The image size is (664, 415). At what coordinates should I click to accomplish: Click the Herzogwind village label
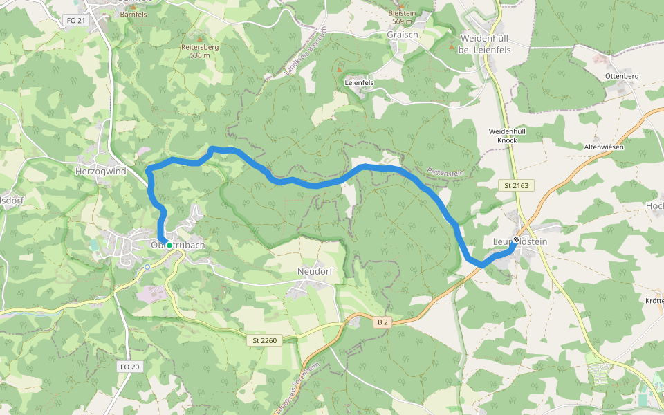pos(100,170)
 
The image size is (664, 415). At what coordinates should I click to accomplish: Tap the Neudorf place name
pos(315,271)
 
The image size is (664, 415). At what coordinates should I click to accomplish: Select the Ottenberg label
pos(621,75)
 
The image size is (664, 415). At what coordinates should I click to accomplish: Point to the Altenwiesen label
pos(604,147)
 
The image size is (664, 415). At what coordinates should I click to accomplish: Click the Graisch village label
pos(403,35)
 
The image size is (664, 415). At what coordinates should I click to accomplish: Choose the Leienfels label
pos(359,82)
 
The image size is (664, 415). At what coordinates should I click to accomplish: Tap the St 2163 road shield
pos(517,186)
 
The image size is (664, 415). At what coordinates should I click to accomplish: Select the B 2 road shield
pos(382,322)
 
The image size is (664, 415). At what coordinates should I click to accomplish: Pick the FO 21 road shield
pos(77,20)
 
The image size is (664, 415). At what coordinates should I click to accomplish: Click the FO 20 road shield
pos(129,367)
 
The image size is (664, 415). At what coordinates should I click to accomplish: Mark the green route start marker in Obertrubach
pos(169,245)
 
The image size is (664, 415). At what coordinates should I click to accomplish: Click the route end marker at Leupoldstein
pos(516,240)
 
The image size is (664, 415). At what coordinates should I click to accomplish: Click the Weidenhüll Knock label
pos(508,135)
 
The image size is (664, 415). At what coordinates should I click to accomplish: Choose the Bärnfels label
pos(133,14)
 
